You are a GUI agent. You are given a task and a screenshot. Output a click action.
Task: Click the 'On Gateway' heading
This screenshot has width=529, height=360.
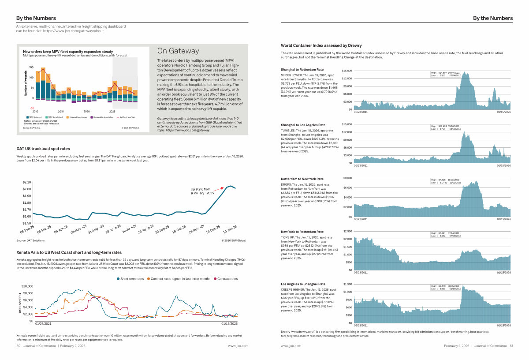pos(178,51)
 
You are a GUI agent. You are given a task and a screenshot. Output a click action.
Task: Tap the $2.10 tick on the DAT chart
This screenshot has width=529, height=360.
pos(26,182)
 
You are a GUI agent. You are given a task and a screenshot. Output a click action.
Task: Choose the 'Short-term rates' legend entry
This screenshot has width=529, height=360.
pos(131,279)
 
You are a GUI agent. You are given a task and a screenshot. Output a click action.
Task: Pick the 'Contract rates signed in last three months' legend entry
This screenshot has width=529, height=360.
pos(179,279)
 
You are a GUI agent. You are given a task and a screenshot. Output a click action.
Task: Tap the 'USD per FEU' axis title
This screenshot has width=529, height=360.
pos(20,304)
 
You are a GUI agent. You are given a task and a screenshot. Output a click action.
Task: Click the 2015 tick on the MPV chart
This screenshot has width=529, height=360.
pos(61,111)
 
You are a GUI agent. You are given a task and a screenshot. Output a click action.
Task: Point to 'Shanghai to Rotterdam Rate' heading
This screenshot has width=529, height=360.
pos(302,69)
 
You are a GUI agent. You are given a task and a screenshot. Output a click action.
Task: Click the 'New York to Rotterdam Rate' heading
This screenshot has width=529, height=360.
pos(302,232)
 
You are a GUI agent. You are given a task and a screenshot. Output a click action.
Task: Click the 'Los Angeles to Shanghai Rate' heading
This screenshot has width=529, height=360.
pos(303,284)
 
